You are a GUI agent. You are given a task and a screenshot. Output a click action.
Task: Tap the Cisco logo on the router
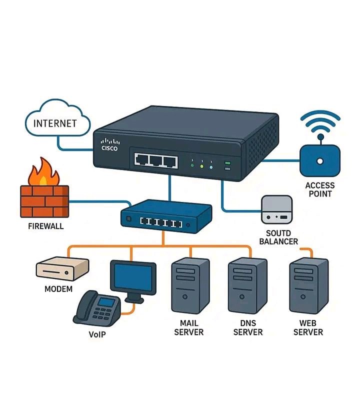coord(109,144)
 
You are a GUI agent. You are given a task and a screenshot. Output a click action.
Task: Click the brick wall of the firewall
coord(44,201)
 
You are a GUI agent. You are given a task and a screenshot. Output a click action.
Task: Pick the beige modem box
coord(62,269)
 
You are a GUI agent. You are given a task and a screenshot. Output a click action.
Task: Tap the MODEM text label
coord(58,289)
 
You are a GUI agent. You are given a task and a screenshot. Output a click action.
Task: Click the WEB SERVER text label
coord(308,327)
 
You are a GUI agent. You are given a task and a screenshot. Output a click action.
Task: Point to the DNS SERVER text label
coord(248,327)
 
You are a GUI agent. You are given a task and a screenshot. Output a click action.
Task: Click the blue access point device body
coord(320,159)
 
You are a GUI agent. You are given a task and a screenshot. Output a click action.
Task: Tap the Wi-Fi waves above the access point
coord(320,123)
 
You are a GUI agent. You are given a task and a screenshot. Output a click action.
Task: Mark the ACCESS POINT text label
coord(320,189)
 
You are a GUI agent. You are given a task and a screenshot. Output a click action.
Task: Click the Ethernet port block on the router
coord(155,159)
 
